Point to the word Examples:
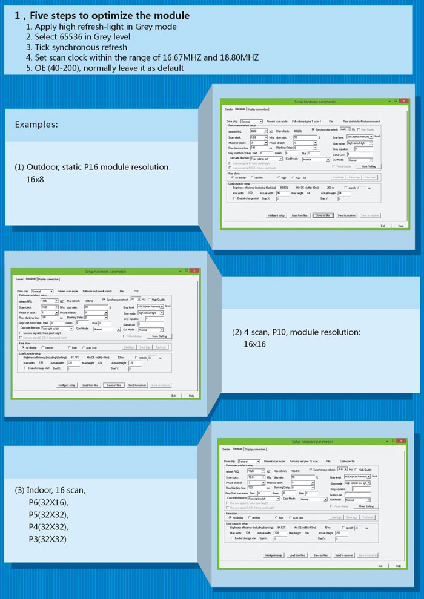36,125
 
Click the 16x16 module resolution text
256,344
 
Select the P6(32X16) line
48,503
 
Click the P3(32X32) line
48,539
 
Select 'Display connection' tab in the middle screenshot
48,279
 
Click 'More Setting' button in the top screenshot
368,165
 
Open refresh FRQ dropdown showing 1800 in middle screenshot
56,301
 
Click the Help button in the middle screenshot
191,395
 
